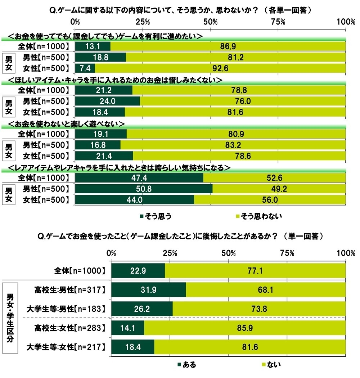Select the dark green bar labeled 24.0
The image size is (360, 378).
(108, 101)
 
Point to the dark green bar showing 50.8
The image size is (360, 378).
(144, 189)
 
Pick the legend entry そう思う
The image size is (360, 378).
(155, 216)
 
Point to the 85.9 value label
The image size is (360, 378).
(244, 328)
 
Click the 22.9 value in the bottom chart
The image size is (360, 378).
(138, 270)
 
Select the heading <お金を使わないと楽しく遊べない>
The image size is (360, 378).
(66, 123)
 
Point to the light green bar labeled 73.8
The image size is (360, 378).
(259, 309)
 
